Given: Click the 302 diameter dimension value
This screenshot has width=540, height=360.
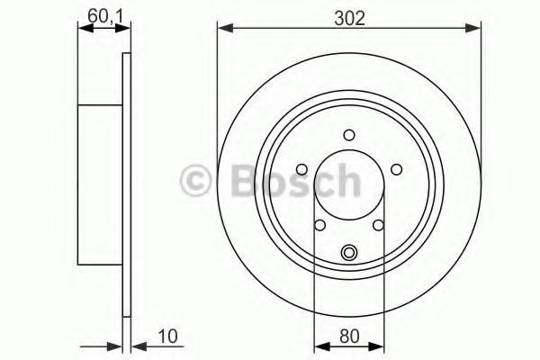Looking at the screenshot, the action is click(349, 18).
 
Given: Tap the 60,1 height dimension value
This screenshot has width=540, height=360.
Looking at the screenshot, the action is click(105, 16).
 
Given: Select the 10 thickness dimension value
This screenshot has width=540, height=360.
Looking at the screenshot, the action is click(167, 337).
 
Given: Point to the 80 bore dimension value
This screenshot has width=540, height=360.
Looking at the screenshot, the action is click(349, 337).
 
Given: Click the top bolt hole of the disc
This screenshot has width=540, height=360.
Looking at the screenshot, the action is click(349, 135).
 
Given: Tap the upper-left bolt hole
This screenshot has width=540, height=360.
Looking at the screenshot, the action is click(302, 169).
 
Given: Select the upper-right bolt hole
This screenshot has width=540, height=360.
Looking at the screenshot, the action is click(397, 169).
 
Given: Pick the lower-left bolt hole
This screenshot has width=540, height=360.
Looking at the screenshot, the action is click(319, 225).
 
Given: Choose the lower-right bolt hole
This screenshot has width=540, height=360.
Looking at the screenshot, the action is click(379, 225).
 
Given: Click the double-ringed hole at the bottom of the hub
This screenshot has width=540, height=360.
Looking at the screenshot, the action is click(349, 253).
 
